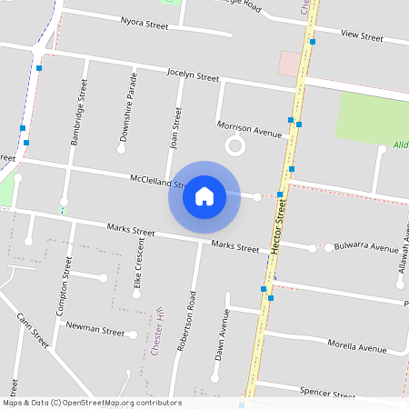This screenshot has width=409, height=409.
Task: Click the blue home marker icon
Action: pos(204,195)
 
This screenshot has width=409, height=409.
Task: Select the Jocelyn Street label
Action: pos(193,75)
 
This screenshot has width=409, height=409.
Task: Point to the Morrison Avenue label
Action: pos(249,128)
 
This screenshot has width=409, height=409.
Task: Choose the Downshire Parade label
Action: pos(127,115)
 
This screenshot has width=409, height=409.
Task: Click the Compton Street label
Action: pos(63,284)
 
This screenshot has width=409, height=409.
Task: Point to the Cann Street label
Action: pos(33,332)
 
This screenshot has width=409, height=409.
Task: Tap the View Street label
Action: pos(362,35)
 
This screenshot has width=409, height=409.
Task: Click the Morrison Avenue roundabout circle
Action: pos(235,145)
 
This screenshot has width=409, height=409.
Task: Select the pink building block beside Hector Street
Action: pos(290,63)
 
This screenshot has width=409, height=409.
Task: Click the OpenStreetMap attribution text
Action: pos(92,403)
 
